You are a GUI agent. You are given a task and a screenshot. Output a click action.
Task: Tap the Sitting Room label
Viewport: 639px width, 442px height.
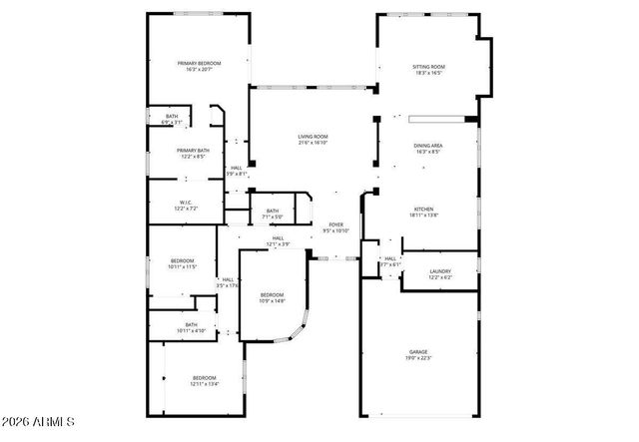tap(428, 67)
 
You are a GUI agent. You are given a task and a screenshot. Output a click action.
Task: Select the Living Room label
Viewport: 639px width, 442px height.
tap(313, 137)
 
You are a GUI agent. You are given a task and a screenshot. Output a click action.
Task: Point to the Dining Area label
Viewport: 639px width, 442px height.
tap(428, 147)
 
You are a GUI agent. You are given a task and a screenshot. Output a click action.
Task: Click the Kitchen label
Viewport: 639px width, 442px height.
tap(423, 209)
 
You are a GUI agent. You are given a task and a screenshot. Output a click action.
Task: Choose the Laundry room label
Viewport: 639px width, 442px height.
tap(439, 271)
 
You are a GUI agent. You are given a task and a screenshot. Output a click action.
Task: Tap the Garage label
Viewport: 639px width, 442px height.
tap(417, 352)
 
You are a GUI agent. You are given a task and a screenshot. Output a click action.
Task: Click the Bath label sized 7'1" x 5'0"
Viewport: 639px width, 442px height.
tap(273, 211)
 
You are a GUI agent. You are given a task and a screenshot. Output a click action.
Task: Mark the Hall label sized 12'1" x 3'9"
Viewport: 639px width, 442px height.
tap(278, 238)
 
